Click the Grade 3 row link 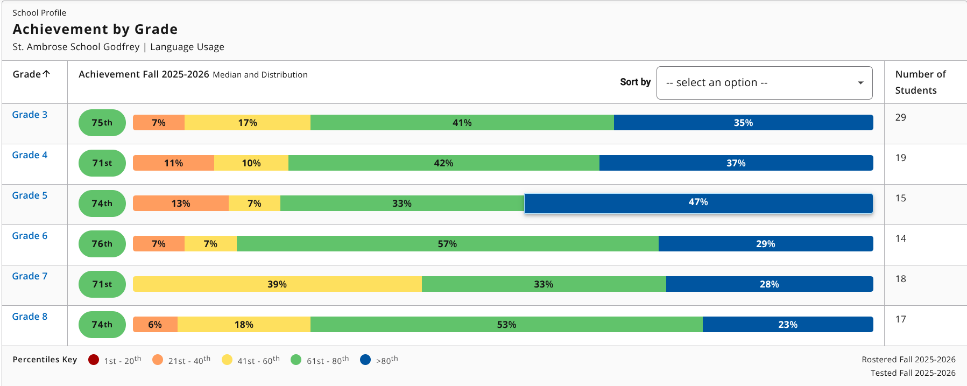[30, 115]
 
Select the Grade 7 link [30, 276]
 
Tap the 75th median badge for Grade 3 [102, 123]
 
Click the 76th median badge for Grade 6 [102, 244]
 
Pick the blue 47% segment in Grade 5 [698, 203]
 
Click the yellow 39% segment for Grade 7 [277, 284]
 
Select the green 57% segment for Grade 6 [447, 244]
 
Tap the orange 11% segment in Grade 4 [173, 163]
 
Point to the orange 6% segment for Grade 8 [155, 325]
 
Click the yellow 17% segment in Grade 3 [248, 123]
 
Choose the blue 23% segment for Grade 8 [787, 325]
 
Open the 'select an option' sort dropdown [764, 83]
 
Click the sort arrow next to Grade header [47, 74]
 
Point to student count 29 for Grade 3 [901, 117]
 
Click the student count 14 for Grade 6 [901, 238]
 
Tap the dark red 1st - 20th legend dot [94, 360]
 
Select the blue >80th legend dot [365, 360]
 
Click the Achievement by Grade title [95, 29]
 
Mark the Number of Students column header [920, 82]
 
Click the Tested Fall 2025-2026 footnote [913, 373]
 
